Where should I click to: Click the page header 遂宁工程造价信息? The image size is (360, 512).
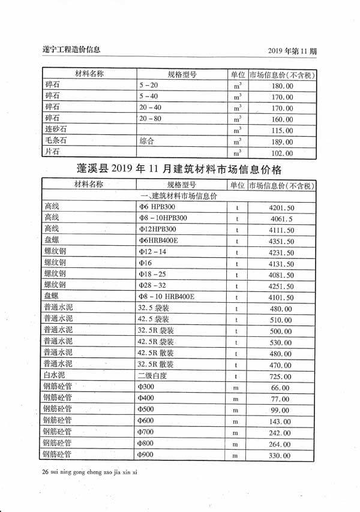click(72, 49)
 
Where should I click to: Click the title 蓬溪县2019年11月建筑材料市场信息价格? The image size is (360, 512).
click(179, 168)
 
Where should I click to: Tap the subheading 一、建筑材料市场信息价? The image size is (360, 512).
click(179, 196)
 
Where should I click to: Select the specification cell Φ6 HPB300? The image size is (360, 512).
click(157, 207)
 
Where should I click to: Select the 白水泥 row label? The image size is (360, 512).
click(56, 376)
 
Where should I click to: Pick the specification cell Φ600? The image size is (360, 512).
click(146, 421)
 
